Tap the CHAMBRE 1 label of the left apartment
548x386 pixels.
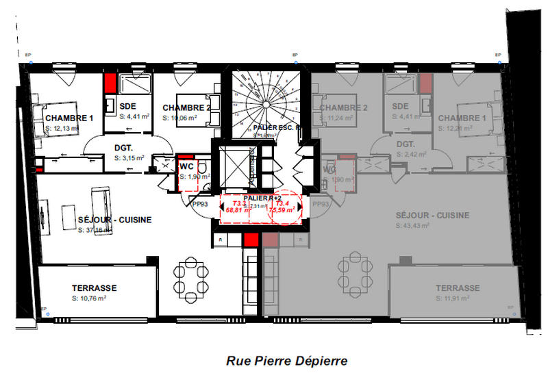[68, 118]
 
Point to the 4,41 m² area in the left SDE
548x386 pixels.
[129, 116]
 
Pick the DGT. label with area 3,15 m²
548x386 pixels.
[123, 147]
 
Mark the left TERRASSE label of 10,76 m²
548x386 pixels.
[95, 288]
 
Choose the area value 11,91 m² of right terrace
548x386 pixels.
[458, 299]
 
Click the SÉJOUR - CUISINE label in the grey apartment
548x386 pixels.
[433, 216]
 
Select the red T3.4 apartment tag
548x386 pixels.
[281, 203]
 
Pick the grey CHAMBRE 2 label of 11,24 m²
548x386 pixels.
[343, 108]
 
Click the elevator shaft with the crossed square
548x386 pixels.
[232, 166]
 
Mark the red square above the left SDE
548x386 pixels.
[110, 83]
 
